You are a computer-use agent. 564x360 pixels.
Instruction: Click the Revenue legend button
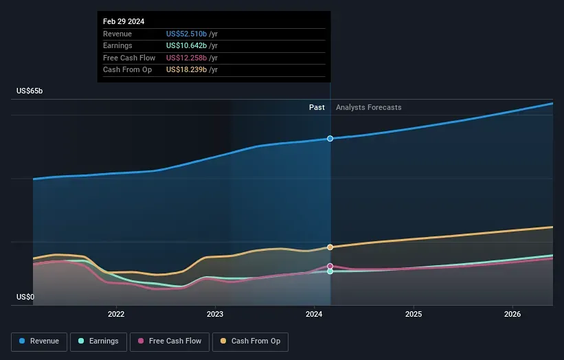[x=40, y=341]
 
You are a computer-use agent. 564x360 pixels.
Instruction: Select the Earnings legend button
[x=98, y=341]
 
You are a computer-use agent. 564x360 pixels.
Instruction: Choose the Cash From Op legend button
[x=251, y=341]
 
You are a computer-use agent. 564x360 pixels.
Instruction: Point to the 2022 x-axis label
[x=116, y=314]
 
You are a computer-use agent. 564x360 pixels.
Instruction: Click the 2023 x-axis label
[x=215, y=314]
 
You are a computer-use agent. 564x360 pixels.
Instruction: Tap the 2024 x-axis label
[x=315, y=314]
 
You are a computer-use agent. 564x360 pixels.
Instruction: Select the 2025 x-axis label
[x=414, y=314]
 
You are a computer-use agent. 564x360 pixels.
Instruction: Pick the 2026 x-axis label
[x=512, y=314]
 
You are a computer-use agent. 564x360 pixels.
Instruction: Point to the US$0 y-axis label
[x=27, y=297]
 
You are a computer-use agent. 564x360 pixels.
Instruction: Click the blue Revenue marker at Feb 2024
[x=330, y=139]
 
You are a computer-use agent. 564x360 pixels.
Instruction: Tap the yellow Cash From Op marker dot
[x=330, y=247]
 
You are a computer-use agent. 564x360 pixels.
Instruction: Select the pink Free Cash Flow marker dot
[x=330, y=266]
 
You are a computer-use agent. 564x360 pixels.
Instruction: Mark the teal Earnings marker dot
[x=330, y=271]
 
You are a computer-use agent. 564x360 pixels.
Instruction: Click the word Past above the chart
[x=317, y=107]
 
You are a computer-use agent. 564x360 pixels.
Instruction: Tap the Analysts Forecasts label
[x=368, y=107]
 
